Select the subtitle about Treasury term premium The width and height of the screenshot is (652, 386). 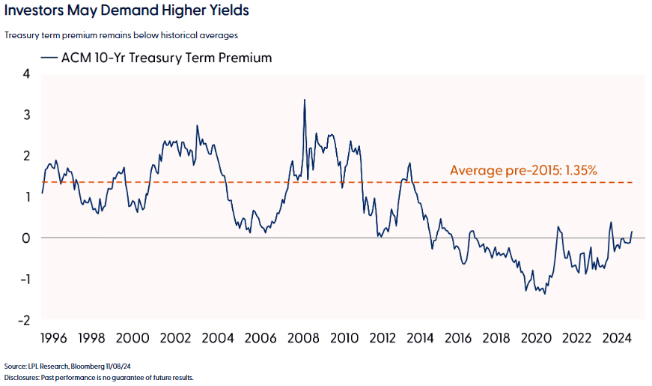click(x=121, y=35)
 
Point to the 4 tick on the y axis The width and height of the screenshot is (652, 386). click(x=26, y=74)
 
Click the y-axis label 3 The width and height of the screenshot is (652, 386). click(x=26, y=115)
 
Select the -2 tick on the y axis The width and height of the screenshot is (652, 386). click(x=24, y=321)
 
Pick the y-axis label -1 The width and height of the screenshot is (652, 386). click(x=24, y=280)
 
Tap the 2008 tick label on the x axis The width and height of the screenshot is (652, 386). click(x=304, y=338)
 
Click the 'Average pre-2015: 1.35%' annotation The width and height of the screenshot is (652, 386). click(x=523, y=170)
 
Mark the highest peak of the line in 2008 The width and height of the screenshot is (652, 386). click(x=304, y=100)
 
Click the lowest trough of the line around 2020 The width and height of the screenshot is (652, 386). click(x=544, y=294)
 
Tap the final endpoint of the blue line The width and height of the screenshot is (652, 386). click(x=632, y=232)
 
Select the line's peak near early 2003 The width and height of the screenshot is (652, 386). click(x=197, y=126)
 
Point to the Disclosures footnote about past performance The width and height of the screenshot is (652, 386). click(x=99, y=378)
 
